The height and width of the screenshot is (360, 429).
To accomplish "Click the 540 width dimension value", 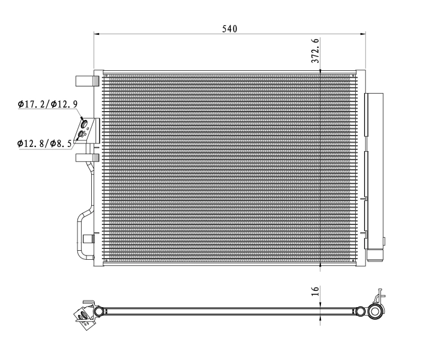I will (x=230, y=28).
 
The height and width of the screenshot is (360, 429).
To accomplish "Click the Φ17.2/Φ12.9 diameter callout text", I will (x=48, y=104).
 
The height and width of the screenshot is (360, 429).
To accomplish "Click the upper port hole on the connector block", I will (x=84, y=125).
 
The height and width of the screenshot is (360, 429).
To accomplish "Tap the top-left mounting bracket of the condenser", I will (x=86, y=80).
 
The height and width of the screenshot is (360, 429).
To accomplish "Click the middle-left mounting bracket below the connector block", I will (x=86, y=157).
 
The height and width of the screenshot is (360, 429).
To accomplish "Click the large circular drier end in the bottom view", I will (x=375, y=311).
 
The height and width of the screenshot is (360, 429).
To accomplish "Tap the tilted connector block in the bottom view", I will (x=83, y=314).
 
